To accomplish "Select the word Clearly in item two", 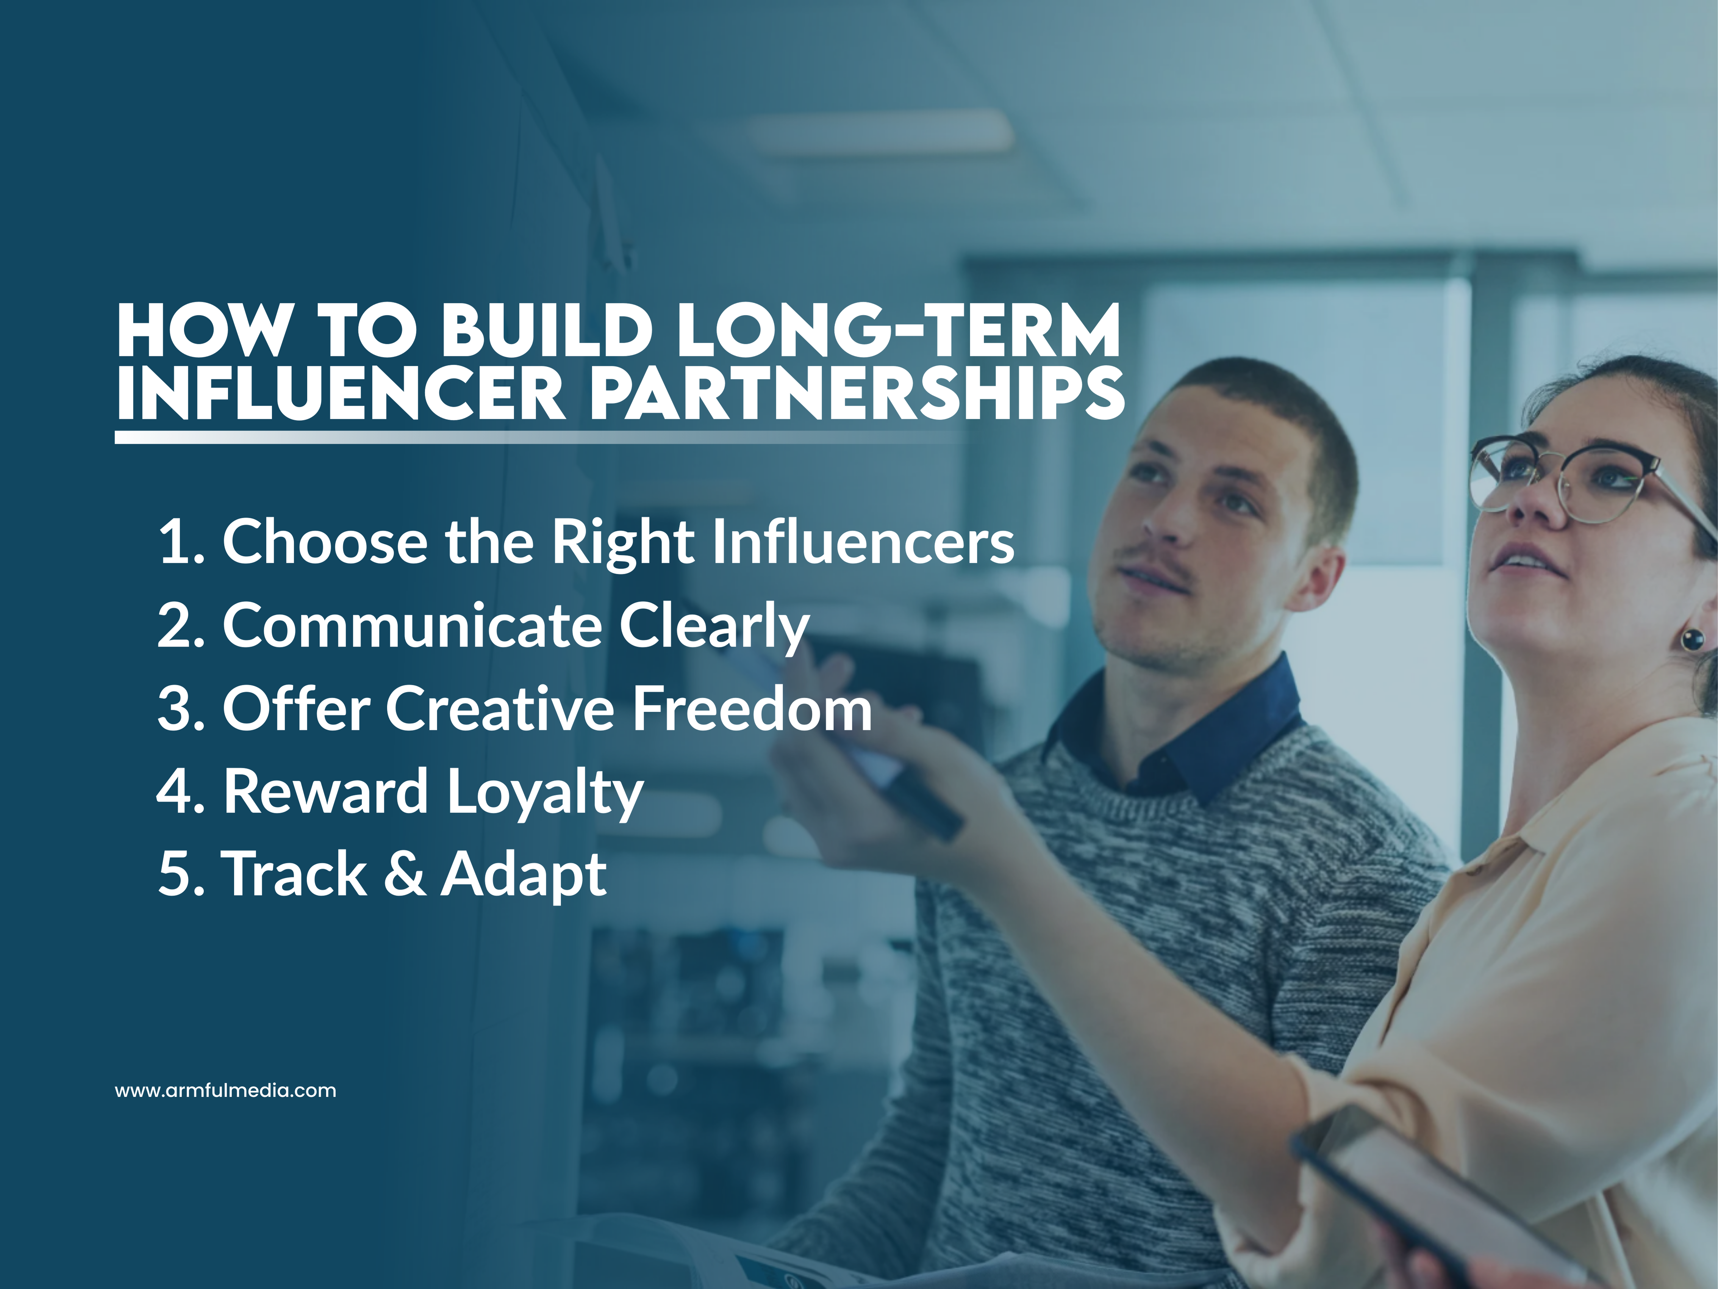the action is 714,628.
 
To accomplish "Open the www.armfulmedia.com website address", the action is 225,1090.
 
